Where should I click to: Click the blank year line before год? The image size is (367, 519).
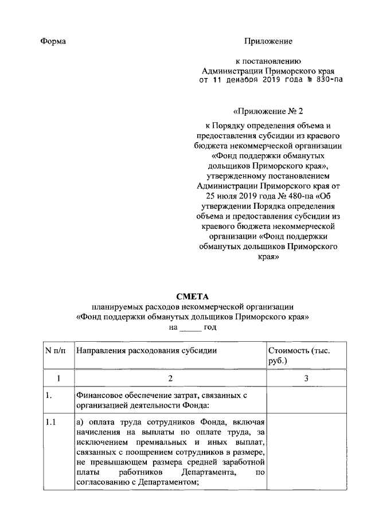190,327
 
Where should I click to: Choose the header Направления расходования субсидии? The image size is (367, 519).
147,350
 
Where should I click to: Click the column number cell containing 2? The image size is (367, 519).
170,378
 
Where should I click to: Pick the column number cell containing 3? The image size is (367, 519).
306,378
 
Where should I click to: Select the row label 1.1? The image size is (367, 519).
50,423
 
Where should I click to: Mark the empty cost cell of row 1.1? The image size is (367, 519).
306,453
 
